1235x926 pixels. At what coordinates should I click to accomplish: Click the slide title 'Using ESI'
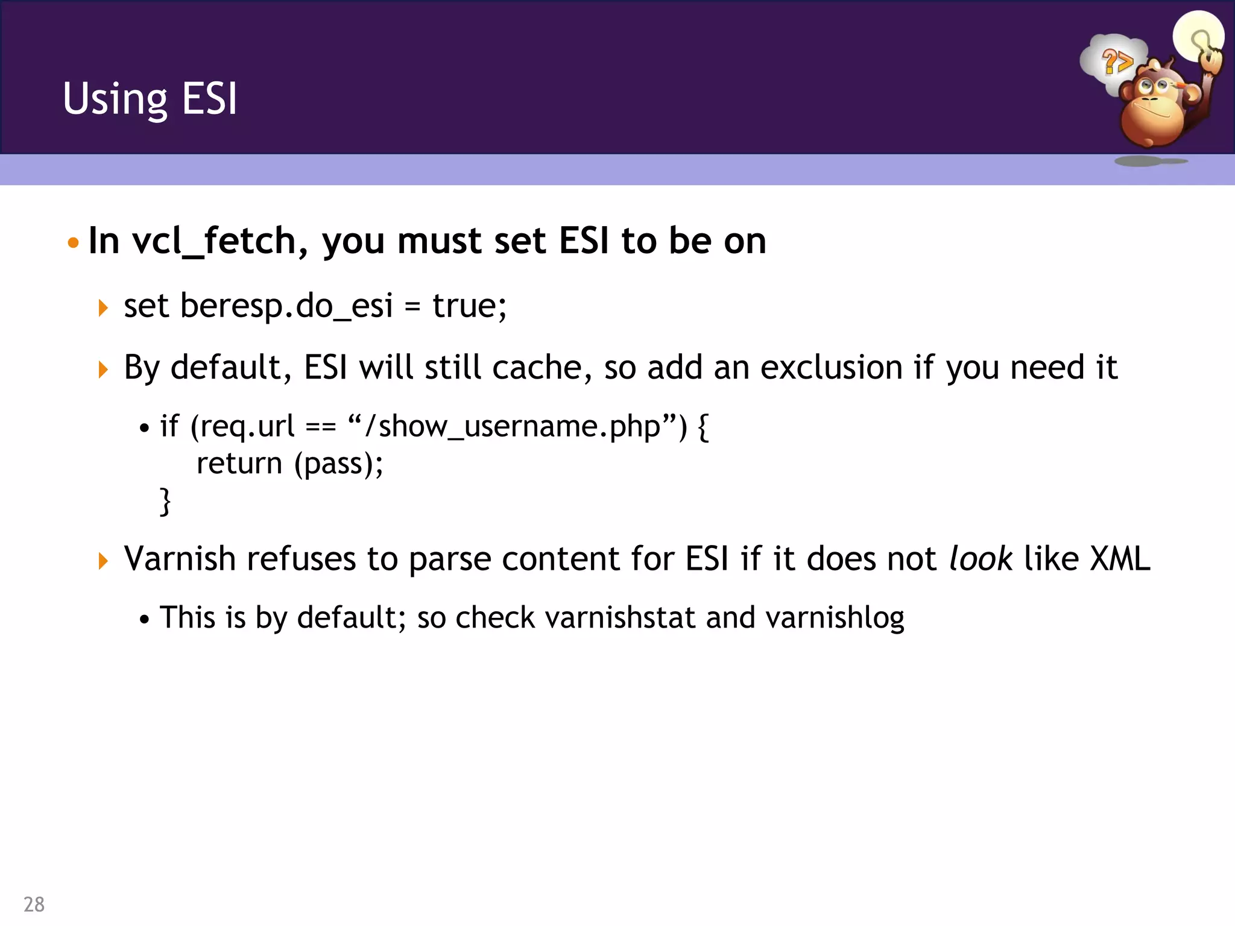pyautogui.click(x=150, y=99)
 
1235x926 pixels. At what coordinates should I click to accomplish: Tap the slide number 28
pyautogui.click(x=34, y=904)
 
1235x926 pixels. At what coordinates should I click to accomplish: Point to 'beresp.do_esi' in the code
pyautogui.click(x=286, y=306)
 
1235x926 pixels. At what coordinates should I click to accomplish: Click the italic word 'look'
pyautogui.click(x=981, y=558)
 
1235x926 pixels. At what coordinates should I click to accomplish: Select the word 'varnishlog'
pyautogui.click(x=835, y=617)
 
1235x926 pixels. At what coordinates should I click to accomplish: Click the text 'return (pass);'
pyautogui.click(x=289, y=464)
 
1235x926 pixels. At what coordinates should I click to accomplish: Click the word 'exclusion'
pyautogui.click(x=832, y=367)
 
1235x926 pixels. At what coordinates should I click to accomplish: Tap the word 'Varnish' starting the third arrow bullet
pyautogui.click(x=179, y=558)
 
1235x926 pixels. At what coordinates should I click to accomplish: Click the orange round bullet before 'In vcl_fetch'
pyautogui.click(x=73, y=243)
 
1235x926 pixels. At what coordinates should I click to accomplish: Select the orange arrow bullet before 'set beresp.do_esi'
pyautogui.click(x=103, y=308)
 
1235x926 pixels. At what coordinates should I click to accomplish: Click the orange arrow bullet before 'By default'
pyautogui.click(x=103, y=369)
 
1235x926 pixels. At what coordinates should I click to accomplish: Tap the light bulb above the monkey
pyautogui.click(x=1198, y=36)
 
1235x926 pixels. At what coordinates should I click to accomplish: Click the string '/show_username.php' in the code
pyautogui.click(x=512, y=426)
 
